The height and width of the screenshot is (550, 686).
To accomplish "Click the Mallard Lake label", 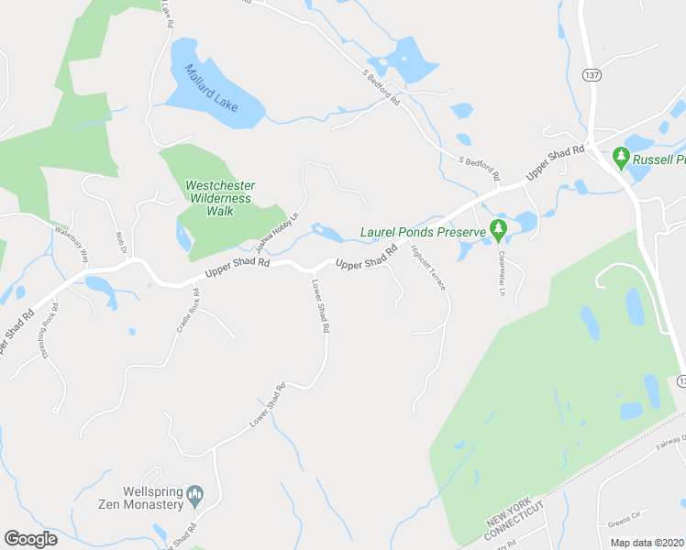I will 212,88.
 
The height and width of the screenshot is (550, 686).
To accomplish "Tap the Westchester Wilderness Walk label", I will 220,198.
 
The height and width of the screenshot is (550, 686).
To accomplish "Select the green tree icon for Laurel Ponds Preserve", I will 498,229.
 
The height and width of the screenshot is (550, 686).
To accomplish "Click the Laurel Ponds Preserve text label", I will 422,233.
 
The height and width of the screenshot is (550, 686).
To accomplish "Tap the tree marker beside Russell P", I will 621,158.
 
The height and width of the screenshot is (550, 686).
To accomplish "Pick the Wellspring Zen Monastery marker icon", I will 195,496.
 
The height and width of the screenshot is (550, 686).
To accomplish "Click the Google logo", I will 30,538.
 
